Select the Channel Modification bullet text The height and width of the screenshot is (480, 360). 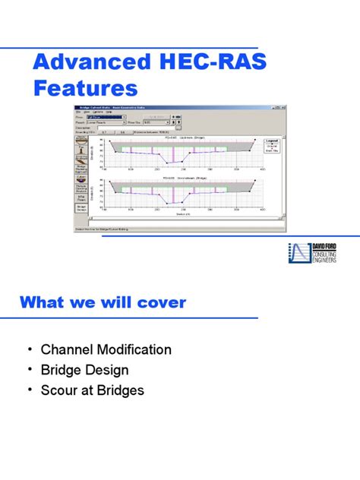pos(106,350)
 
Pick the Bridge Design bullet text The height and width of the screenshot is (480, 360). pos(84,371)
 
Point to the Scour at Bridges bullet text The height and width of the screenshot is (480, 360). pos(92,391)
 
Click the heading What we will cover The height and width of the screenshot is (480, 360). pos(103,302)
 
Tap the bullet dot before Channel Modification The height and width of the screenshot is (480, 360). pos(30,350)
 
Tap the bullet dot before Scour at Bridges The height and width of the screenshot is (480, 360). pos(30,391)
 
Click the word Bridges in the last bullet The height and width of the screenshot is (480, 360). pos(118,391)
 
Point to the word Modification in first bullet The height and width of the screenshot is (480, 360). pos(132,350)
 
